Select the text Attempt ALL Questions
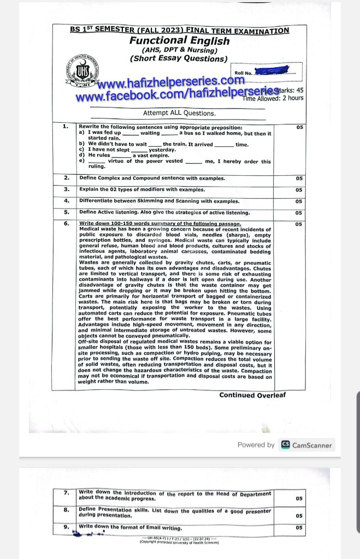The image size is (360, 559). click(179, 114)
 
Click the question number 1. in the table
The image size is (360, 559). click(66, 127)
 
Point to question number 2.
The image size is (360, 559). click(66, 178)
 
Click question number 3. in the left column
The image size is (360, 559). click(66, 189)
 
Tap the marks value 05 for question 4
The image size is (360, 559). click(299, 201)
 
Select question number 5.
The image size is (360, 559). click(66, 212)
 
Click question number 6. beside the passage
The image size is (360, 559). click(66, 223)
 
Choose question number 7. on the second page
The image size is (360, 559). click(66, 493)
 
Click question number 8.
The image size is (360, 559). click(66, 510)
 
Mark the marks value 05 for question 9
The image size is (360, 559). click(299, 528)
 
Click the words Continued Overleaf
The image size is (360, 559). click(252, 395)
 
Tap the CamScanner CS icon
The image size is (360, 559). click(285, 445)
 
